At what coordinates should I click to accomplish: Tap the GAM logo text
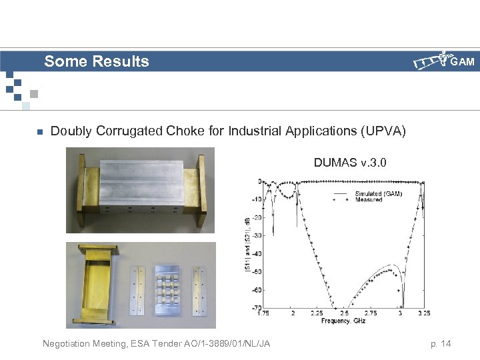tap(462, 62)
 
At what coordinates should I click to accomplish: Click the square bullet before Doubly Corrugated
tap(39, 131)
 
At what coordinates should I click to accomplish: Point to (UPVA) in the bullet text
tap(382, 131)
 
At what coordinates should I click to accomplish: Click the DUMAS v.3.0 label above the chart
tap(351, 162)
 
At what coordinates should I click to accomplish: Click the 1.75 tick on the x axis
tap(264, 313)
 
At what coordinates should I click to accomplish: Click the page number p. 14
tap(441, 343)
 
